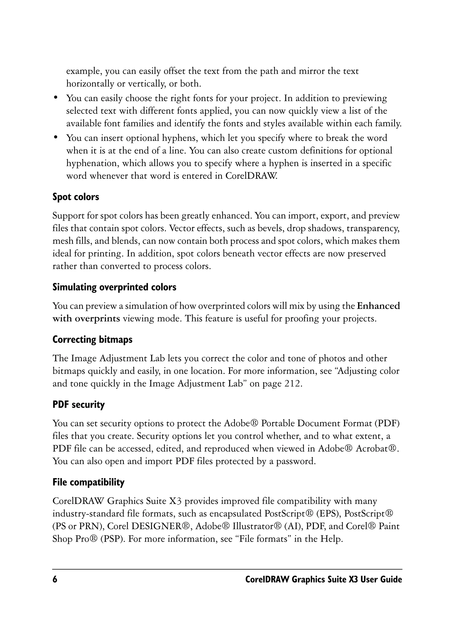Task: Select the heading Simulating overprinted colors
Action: [114, 287]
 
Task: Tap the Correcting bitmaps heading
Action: [92, 339]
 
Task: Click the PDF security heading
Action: [79, 404]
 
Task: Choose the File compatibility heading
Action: [88, 482]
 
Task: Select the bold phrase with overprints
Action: [86, 319]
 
